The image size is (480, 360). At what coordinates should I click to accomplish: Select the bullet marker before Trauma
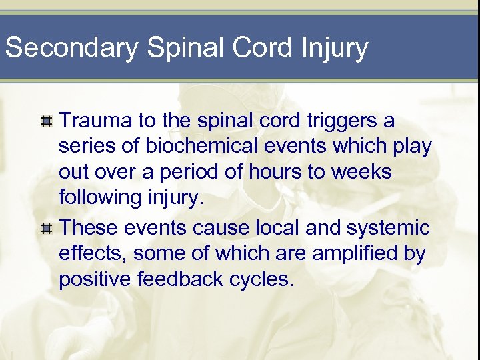point(46,122)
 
